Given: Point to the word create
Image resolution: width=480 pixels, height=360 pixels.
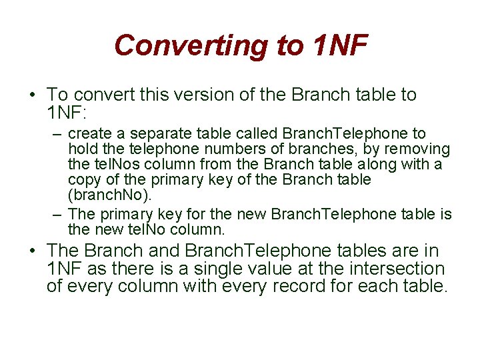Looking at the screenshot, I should (90, 134).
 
